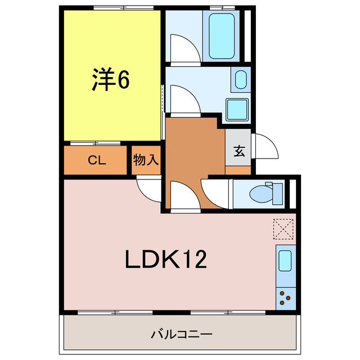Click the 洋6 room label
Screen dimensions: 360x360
(x=111, y=80)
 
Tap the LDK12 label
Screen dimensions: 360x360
(x=166, y=259)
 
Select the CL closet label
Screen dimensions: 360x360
(x=96, y=160)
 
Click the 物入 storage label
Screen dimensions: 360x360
(x=146, y=160)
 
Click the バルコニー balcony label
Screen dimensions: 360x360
(x=182, y=335)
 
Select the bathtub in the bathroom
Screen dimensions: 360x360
(x=222, y=34)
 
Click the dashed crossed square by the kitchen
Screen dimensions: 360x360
(x=283, y=228)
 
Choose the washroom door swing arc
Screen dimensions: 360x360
(x=183, y=99)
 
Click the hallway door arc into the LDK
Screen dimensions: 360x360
(x=184, y=196)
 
